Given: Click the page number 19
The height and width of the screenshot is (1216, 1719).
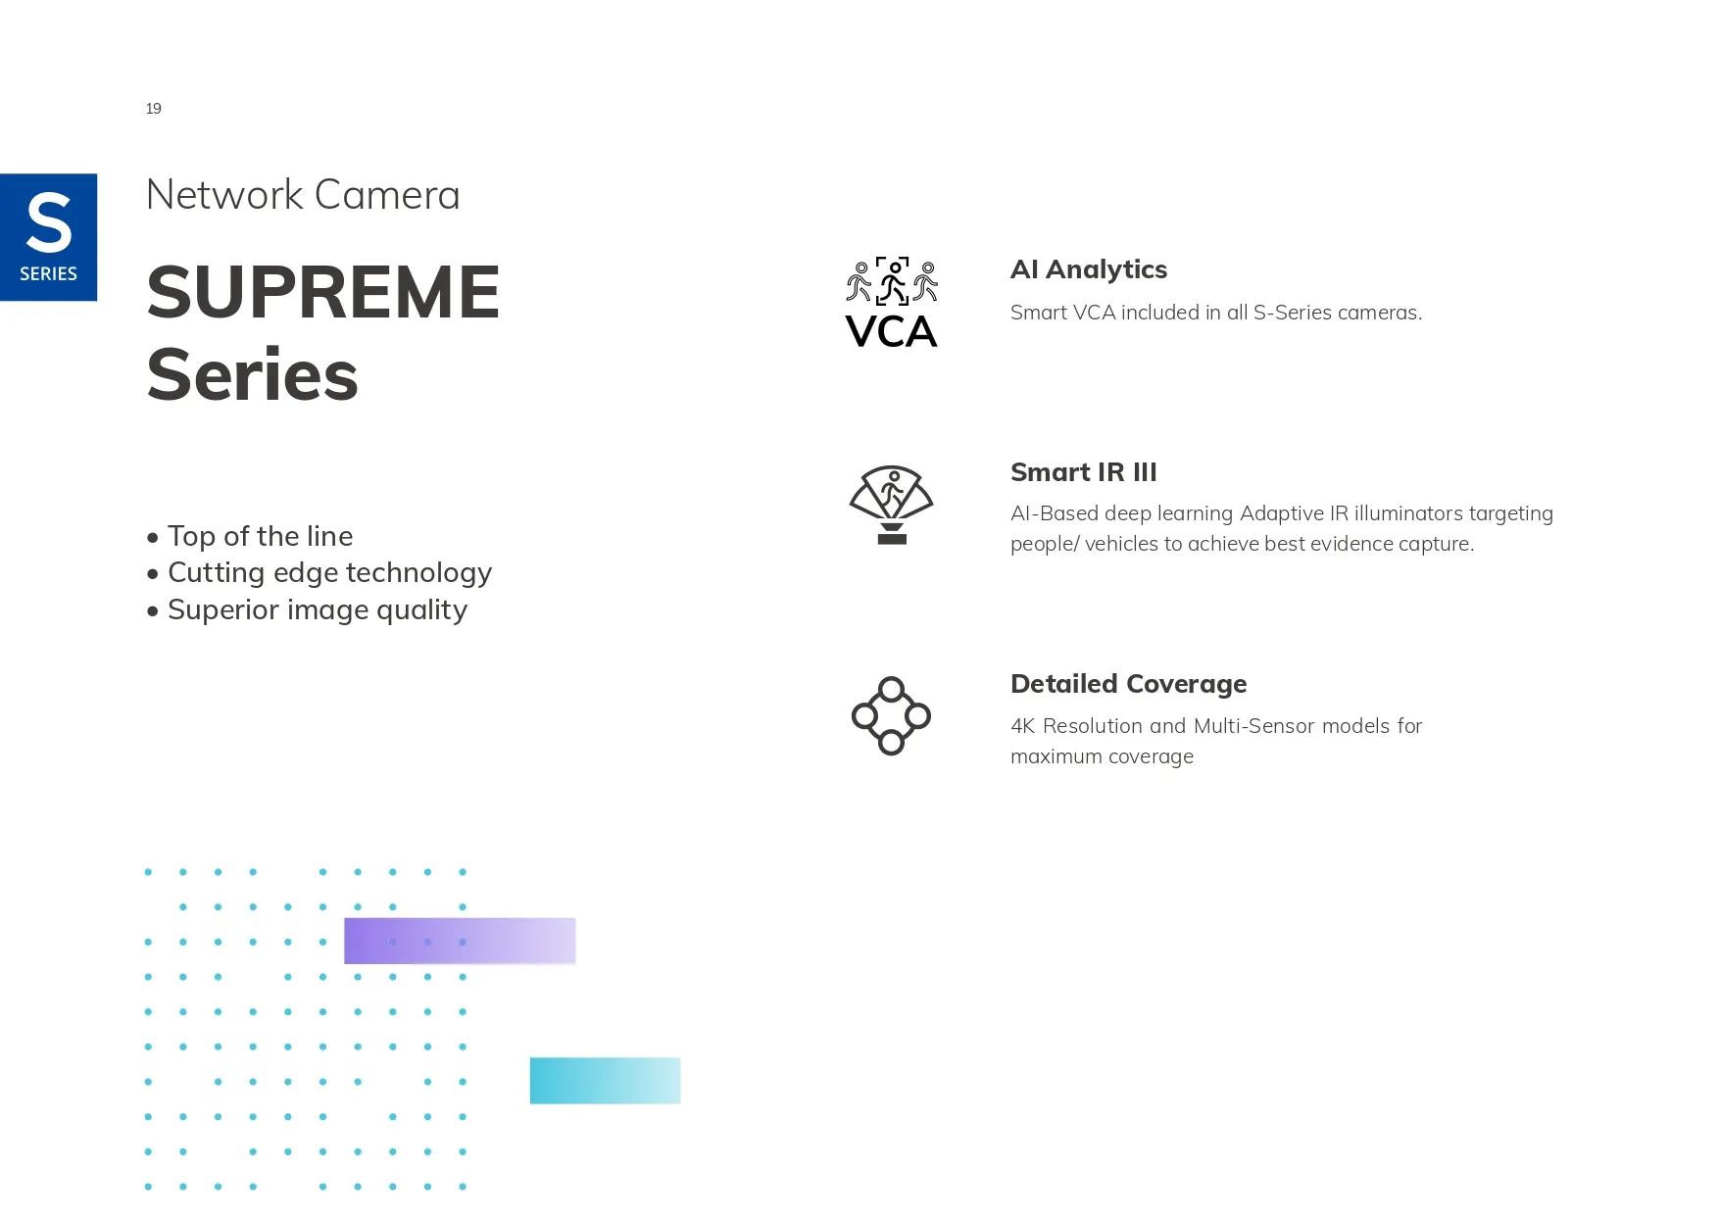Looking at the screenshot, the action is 154,109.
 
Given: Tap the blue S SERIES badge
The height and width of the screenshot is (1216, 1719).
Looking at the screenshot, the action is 48,237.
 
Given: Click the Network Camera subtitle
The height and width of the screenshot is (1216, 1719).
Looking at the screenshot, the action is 303,195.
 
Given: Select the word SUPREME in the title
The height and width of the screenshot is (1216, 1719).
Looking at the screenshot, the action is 323,292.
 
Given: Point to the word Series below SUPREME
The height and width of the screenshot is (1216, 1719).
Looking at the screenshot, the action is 253,375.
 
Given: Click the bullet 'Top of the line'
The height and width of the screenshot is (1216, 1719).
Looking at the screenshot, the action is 250,536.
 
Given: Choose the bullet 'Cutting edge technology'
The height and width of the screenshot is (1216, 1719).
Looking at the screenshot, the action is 319,573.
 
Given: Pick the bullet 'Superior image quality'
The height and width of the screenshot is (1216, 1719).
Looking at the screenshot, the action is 307,610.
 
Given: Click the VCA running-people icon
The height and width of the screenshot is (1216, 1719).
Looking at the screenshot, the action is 892,302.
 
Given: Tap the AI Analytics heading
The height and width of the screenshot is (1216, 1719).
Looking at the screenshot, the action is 1089,269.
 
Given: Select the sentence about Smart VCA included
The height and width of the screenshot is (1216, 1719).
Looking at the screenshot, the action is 1216,313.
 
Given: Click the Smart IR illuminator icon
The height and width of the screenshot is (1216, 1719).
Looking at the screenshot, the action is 891,505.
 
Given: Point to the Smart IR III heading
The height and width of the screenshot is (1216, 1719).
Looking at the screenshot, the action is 1084,472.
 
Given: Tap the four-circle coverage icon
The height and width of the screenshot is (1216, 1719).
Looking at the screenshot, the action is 891,716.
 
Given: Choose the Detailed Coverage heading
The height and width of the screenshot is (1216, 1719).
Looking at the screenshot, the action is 1129,684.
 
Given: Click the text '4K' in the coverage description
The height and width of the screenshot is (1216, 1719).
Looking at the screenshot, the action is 1022,726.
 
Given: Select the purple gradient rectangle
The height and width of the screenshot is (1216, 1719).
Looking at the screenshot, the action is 460,941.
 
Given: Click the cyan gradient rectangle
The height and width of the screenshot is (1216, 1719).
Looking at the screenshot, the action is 605,1081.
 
